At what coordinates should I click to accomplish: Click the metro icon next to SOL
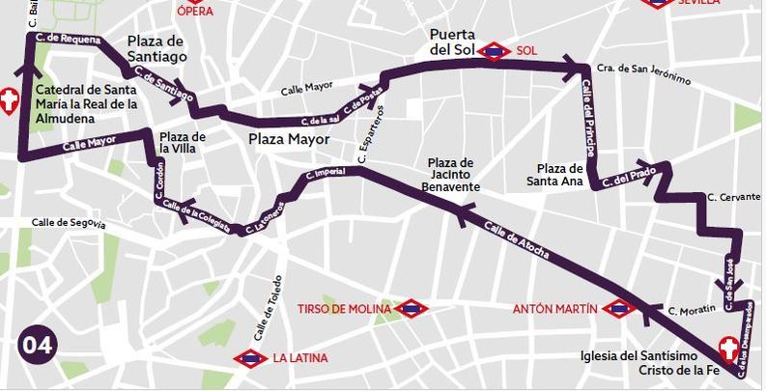coord(495,50)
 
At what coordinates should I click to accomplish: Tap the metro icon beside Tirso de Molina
coord(411,309)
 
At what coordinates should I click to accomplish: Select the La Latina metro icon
coord(250,359)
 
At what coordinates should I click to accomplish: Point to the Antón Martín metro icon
coord(618,309)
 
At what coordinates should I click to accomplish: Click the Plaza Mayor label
coord(289,139)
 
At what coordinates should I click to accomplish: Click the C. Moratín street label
coord(692,310)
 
